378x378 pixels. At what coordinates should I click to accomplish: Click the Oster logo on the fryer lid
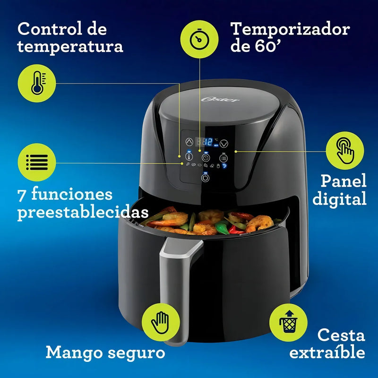click(220, 99)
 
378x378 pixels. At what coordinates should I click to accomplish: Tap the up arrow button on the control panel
click(189, 142)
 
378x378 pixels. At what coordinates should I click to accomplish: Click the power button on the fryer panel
click(205, 178)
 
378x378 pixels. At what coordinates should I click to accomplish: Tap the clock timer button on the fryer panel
click(206, 158)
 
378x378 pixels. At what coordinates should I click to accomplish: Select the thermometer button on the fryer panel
click(189, 156)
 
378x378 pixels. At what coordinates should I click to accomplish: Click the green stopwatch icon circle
click(199, 39)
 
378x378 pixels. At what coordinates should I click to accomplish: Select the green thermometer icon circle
click(37, 83)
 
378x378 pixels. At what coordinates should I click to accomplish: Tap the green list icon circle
click(37, 162)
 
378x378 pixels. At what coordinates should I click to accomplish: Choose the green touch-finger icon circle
click(345, 150)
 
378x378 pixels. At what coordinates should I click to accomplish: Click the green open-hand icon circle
click(161, 322)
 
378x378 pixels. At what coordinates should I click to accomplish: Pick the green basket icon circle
click(288, 322)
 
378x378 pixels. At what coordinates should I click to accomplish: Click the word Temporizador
click(290, 29)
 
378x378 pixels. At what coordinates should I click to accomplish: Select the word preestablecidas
click(83, 212)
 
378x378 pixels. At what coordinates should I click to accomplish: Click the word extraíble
click(327, 352)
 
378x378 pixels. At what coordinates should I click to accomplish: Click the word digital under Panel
click(339, 199)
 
